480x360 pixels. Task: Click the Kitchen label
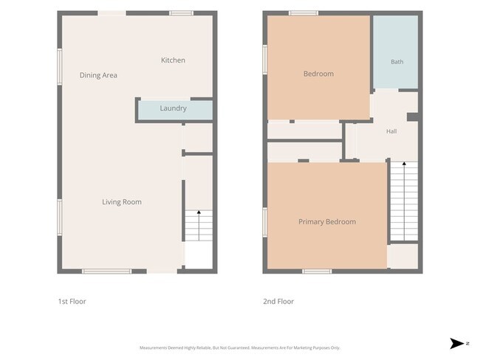173,60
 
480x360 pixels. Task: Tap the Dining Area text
98,75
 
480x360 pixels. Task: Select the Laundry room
175,110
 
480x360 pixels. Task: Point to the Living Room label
122,202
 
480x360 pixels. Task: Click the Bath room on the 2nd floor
396,52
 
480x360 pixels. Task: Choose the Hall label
391,131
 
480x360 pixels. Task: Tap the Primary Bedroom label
327,222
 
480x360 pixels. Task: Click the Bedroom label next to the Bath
319,74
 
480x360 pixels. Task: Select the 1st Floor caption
72,301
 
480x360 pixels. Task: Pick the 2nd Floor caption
278,301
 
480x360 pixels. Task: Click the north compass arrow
456,344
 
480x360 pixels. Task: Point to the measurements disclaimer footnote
240,347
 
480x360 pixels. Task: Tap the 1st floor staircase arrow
199,226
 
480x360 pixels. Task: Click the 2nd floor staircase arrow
404,201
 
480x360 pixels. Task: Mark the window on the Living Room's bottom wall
107,271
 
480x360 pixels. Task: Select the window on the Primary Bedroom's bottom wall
317,271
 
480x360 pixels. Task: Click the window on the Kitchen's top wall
181,13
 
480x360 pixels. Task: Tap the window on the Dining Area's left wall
60,66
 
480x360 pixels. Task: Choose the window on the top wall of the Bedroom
304,13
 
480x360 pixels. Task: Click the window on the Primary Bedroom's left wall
265,222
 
